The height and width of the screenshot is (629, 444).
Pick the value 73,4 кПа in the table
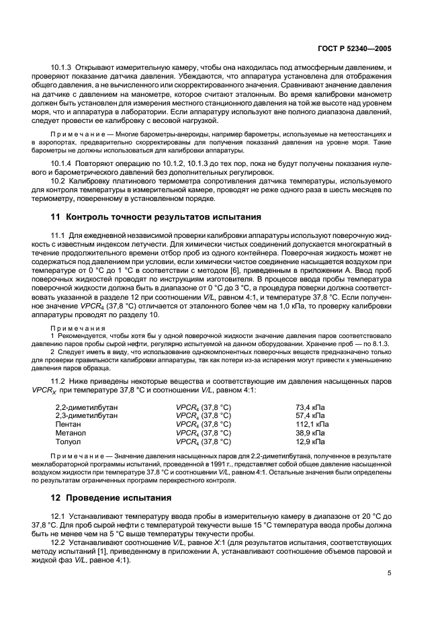click(312, 407)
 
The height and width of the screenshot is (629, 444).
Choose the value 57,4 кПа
click(312, 416)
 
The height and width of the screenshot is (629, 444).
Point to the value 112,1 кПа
click(313, 425)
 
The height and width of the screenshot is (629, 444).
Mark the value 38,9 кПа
click(312, 433)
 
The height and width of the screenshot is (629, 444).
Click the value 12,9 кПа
click(312, 442)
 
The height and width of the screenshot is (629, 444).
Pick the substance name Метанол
click(71, 433)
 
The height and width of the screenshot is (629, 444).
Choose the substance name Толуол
click(69, 442)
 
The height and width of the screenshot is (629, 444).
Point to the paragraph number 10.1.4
click(62, 164)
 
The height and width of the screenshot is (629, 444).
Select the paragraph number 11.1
click(58, 235)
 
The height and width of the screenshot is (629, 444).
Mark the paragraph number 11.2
click(58, 381)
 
